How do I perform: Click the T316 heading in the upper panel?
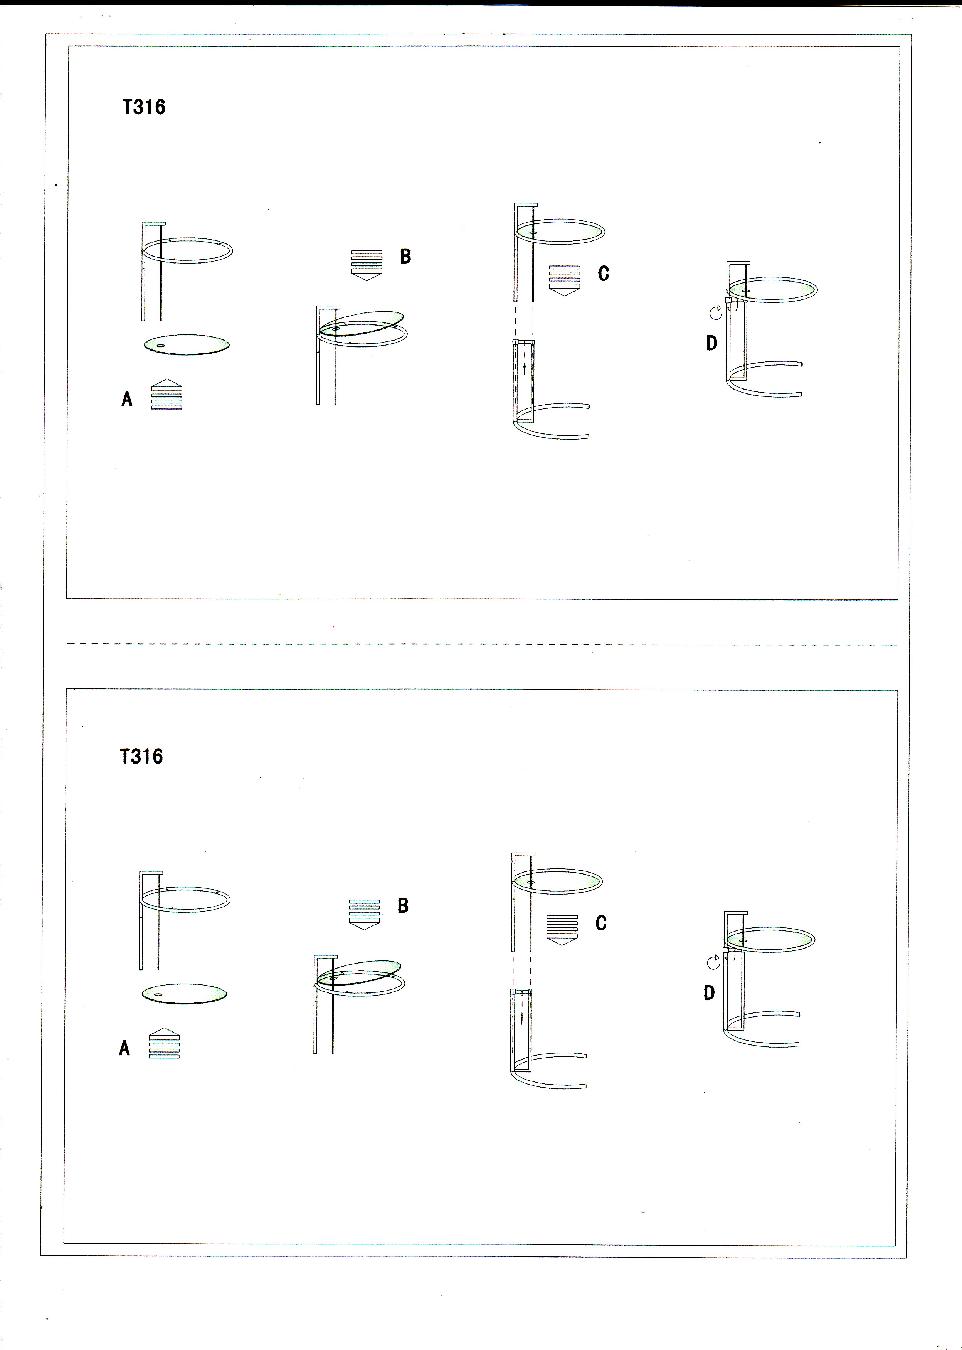(144, 107)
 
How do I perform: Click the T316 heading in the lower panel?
(141, 756)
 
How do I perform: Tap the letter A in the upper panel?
(127, 399)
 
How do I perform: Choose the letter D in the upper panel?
(712, 343)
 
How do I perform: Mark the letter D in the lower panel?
(710, 993)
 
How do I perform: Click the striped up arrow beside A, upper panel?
(167, 395)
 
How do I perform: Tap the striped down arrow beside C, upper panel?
(565, 280)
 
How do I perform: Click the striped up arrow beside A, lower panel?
(164, 1043)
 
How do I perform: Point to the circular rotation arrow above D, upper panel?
(716, 312)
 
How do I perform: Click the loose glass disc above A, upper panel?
(187, 344)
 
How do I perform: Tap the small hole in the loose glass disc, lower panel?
(158, 994)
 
